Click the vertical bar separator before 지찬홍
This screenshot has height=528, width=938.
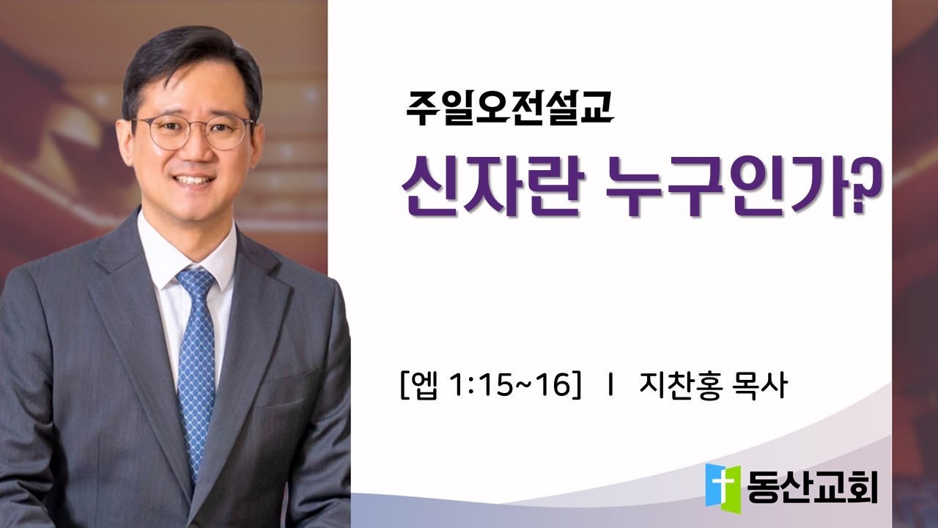coord(610,385)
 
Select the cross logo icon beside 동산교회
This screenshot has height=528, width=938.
coord(723,485)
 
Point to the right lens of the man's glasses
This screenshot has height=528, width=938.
coord(228,133)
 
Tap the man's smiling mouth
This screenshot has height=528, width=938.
coord(194,180)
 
